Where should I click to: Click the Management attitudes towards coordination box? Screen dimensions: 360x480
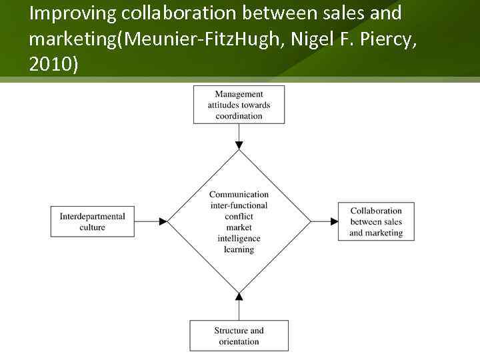(239, 105)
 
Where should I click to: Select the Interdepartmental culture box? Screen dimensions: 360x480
(92, 222)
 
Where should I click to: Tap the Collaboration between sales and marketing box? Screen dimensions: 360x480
(376, 222)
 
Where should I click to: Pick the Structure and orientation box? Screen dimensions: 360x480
(239, 336)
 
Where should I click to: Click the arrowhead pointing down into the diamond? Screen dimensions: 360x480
(239, 145)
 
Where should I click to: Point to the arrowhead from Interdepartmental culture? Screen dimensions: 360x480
(163, 221)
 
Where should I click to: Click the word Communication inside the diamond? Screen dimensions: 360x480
(239, 195)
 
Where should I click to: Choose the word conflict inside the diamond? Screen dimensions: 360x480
(239, 217)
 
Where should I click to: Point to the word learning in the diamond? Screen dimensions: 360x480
(239, 249)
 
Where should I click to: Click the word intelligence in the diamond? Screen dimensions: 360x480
(239, 239)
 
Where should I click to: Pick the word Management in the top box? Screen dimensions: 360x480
(239, 94)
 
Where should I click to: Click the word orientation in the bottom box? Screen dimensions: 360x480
(239, 341)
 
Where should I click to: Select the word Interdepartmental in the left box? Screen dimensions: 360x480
(92, 217)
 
